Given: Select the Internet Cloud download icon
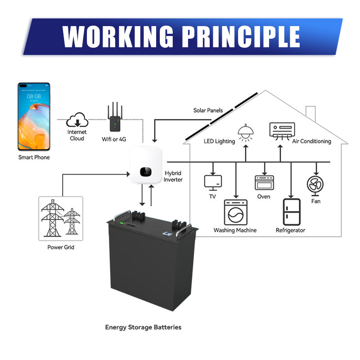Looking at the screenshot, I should [77, 120].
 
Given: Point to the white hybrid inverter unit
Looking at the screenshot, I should [145, 165].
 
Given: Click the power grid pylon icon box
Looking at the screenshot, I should [61, 218].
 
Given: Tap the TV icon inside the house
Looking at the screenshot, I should [213, 182].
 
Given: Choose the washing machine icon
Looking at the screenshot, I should [235, 212].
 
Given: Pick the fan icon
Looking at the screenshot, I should [315, 185].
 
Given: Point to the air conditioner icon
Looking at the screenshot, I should [282, 130].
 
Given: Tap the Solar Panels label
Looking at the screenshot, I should [208, 110].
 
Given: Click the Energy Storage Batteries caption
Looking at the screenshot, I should [143, 327].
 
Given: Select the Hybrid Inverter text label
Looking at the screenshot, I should [173, 176].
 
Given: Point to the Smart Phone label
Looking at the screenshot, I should [34, 157].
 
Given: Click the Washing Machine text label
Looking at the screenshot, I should [235, 230].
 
